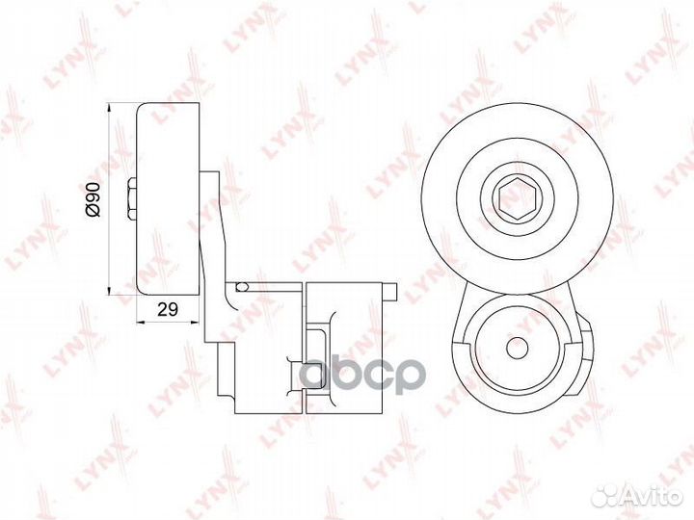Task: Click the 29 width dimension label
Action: tap(168, 309)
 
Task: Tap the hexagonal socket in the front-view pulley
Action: tap(517, 201)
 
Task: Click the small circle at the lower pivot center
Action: tap(517, 347)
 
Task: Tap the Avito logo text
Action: tap(655, 498)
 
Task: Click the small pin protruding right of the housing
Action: tap(390, 292)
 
